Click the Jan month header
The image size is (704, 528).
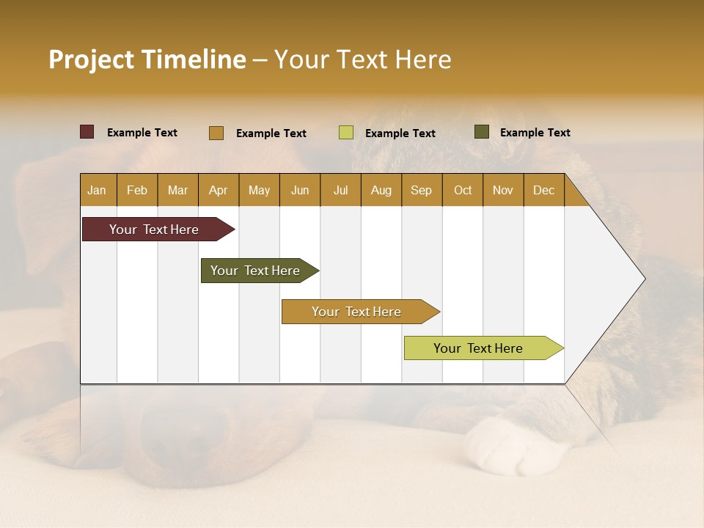point(97,190)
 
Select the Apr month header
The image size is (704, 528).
point(218,190)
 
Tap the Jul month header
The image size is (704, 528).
point(340,190)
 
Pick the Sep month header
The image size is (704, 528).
point(421,190)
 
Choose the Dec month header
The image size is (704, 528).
point(543,190)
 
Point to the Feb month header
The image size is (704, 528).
point(137,190)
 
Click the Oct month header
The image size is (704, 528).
point(463,190)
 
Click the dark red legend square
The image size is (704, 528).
point(87,132)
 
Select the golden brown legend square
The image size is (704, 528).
point(216,133)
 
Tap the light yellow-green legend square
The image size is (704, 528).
point(346,133)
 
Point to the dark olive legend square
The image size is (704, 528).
point(482,132)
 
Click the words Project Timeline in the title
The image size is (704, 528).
point(147,59)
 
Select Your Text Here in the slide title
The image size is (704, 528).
point(362,59)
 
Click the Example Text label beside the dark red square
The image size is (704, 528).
point(142,133)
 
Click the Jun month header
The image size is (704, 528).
point(300,190)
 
